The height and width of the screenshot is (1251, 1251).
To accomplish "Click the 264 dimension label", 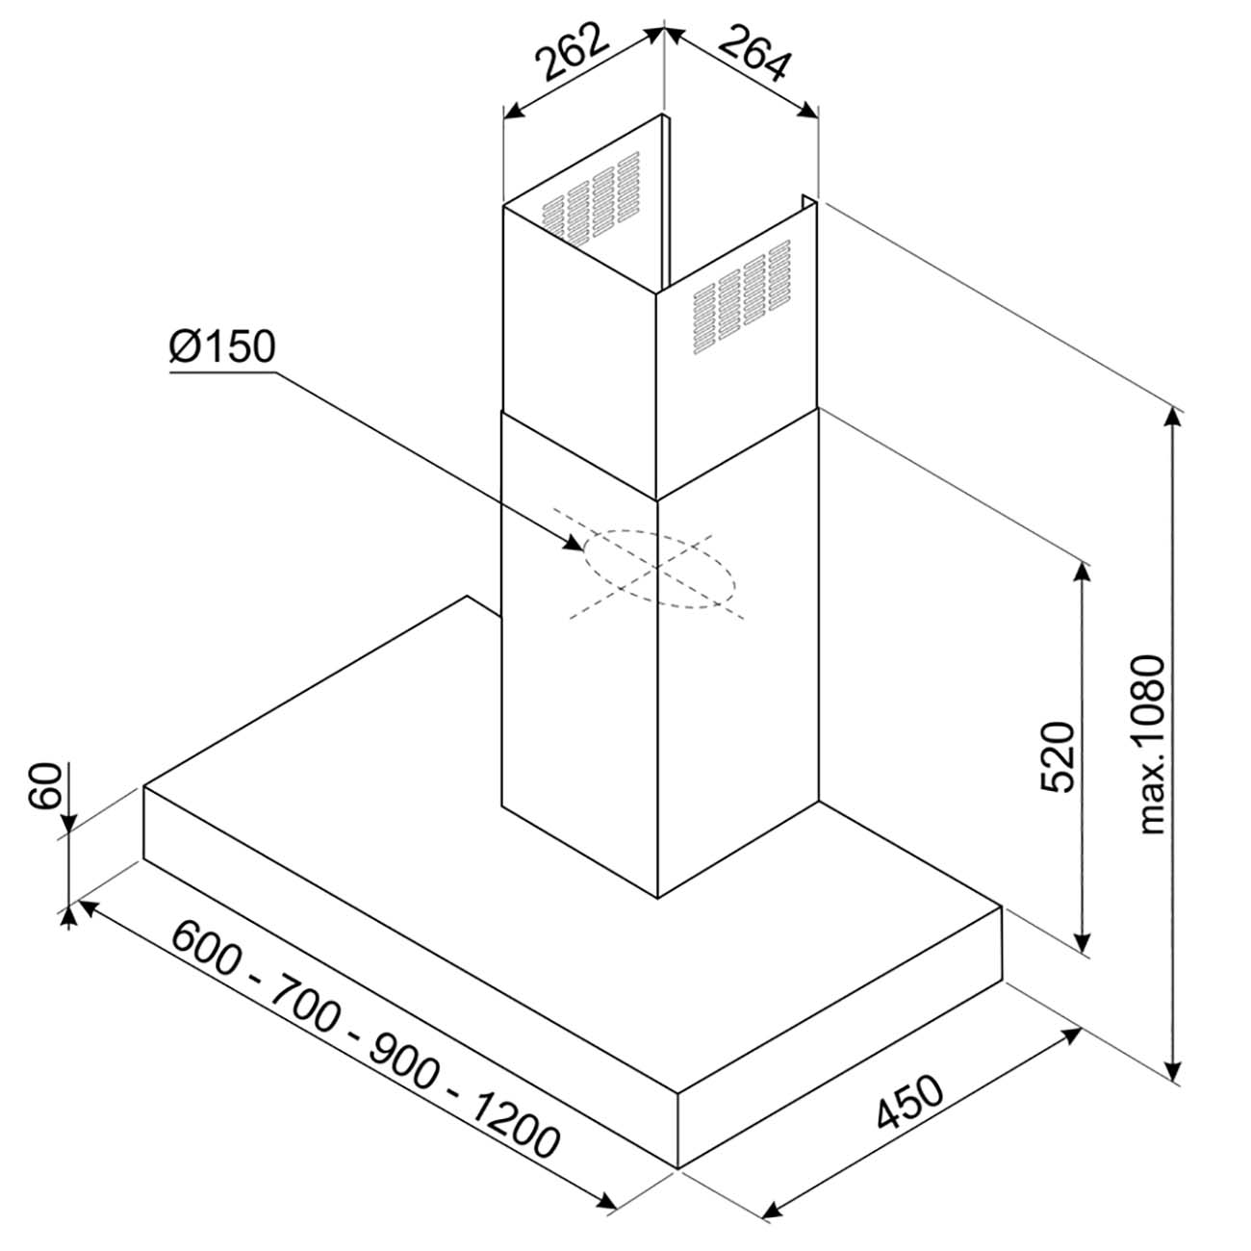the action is coord(754,53).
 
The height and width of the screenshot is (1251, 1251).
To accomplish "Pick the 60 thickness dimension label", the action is coord(45,786).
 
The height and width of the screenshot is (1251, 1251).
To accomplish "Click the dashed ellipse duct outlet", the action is coord(659,570).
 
